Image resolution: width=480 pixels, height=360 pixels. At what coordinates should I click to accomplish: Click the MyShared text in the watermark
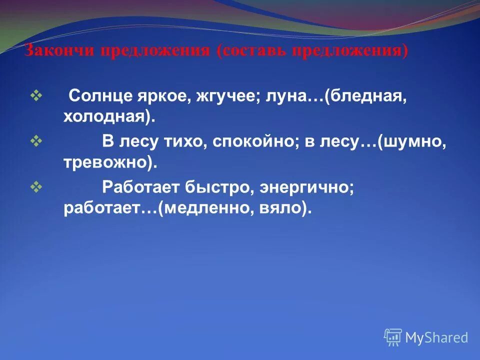coord(436,337)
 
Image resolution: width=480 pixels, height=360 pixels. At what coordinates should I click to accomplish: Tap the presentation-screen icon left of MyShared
coord(393,337)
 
